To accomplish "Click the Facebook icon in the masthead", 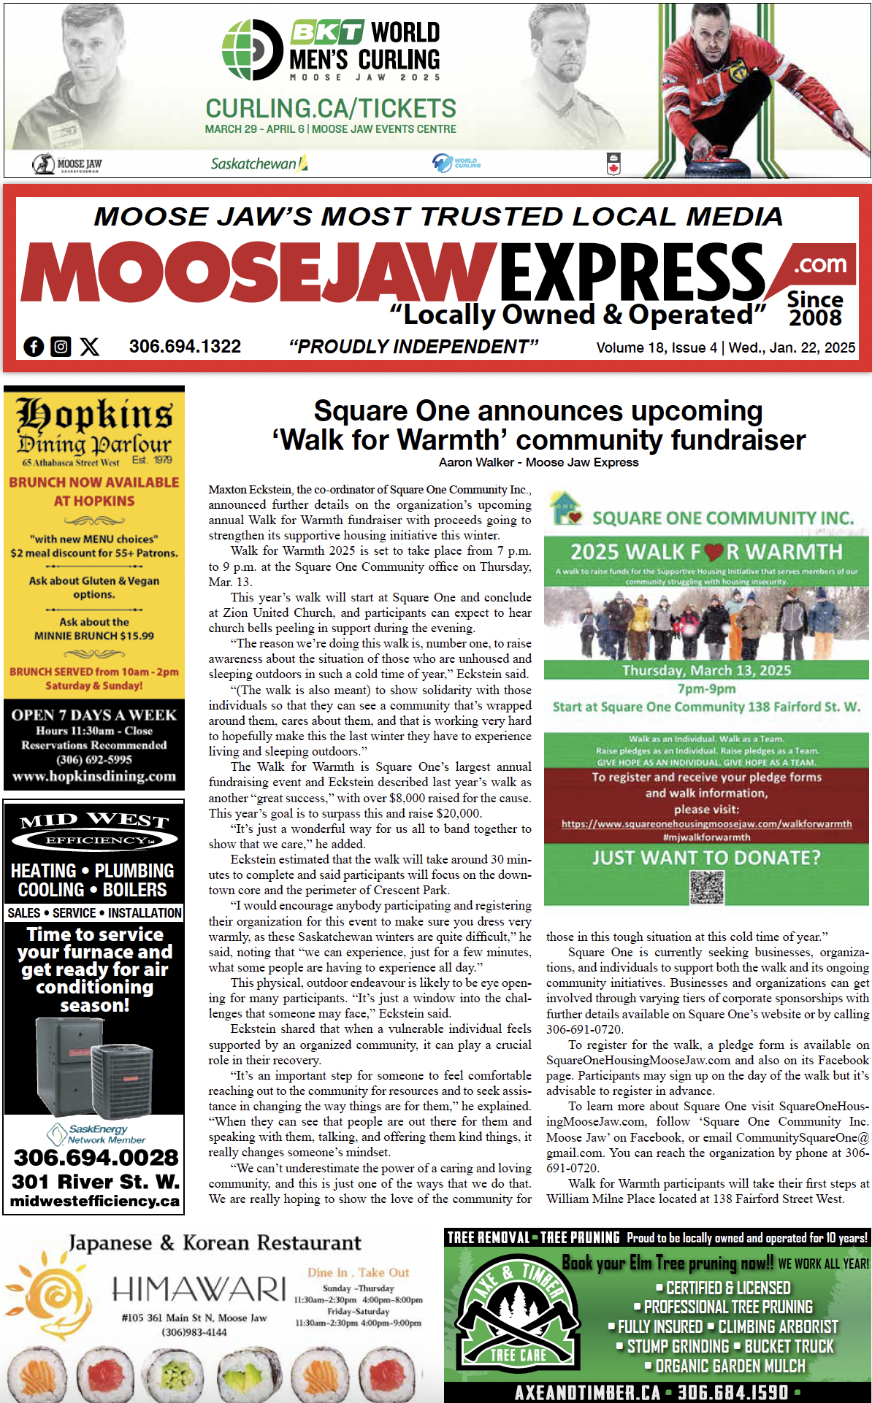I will pyautogui.click(x=34, y=347).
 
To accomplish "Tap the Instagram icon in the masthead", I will pyautogui.click(x=61, y=347).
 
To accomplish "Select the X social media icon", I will pyautogui.click(x=90, y=347).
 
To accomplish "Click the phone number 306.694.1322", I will pyautogui.click(x=185, y=347).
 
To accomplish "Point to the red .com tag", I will pyautogui.click(x=819, y=264).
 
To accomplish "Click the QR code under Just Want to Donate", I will pyautogui.click(x=706, y=887).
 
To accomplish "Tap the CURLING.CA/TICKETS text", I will pyautogui.click(x=330, y=109).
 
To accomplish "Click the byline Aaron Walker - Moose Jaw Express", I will pyautogui.click(x=538, y=462).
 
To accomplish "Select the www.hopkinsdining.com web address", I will pyautogui.click(x=94, y=777).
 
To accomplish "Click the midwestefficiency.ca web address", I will pyautogui.click(x=94, y=1202).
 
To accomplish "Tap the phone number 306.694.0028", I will pyautogui.click(x=96, y=1158).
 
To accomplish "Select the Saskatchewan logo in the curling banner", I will pyautogui.click(x=259, y=164).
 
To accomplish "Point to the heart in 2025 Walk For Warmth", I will pyautogui.click(x=714, y=553).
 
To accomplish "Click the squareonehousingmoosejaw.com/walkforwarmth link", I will pyautogui.click(x=706, y=824).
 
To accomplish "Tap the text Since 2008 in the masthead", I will pyautogui.click(x=815, y=308).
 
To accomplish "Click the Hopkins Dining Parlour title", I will pyautogui.click(x=94, y=426).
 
